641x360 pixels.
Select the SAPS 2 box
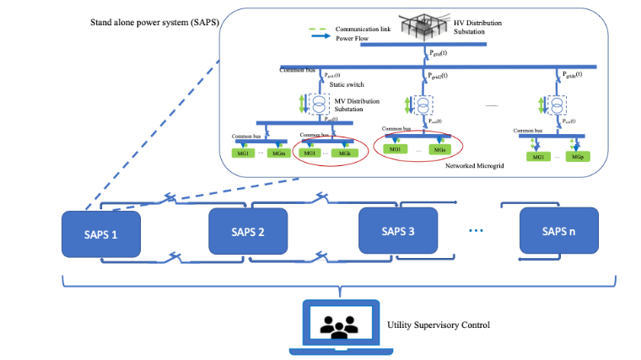[248, 231]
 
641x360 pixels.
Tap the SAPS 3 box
[398, 231]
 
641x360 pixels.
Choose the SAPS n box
[558, 231]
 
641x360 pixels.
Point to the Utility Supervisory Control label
[438, 325]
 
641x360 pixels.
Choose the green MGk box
[342, 153]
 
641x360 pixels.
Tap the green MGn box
[437, 149]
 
